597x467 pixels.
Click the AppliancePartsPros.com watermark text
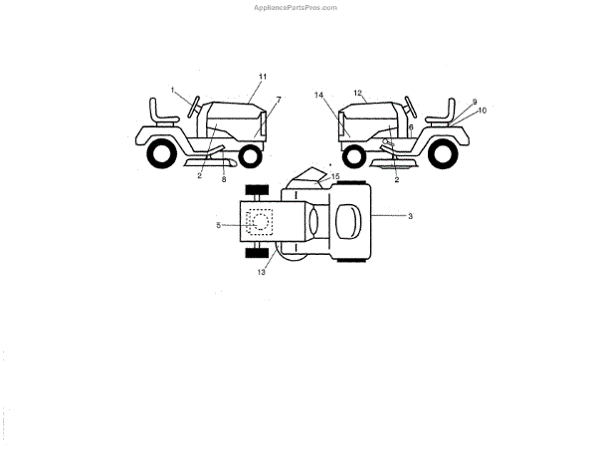point(297,6)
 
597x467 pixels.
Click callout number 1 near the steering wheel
point(172,91)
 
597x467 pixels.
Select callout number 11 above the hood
point(263,77)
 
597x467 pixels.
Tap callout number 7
point(278,100)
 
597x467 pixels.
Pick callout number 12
point(357,92)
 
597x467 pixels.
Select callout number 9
point(475,102)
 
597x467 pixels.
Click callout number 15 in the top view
point(335,176)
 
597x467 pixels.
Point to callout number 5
point(218,225)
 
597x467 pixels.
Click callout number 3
point(411,216)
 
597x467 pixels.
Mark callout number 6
point(411,127)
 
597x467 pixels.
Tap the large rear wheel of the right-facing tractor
point(161,155)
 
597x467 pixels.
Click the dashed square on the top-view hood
point(258,221)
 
